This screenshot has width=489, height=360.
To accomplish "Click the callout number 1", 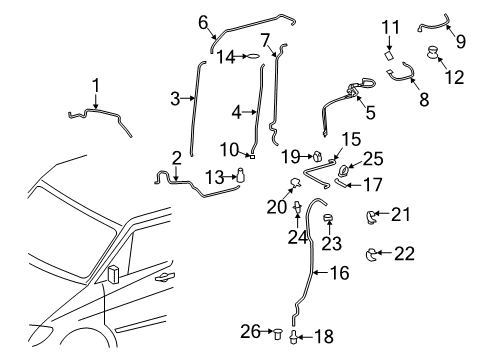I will tap(96, 85).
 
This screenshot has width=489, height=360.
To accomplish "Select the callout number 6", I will tap(203, 21).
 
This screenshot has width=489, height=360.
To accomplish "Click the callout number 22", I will tap(403, 254).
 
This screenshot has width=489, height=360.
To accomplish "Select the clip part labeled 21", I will tap(369, 213).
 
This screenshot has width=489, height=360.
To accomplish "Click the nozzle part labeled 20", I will tap(295, 183).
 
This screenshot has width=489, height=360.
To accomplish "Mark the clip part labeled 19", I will tap(317, 156).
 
